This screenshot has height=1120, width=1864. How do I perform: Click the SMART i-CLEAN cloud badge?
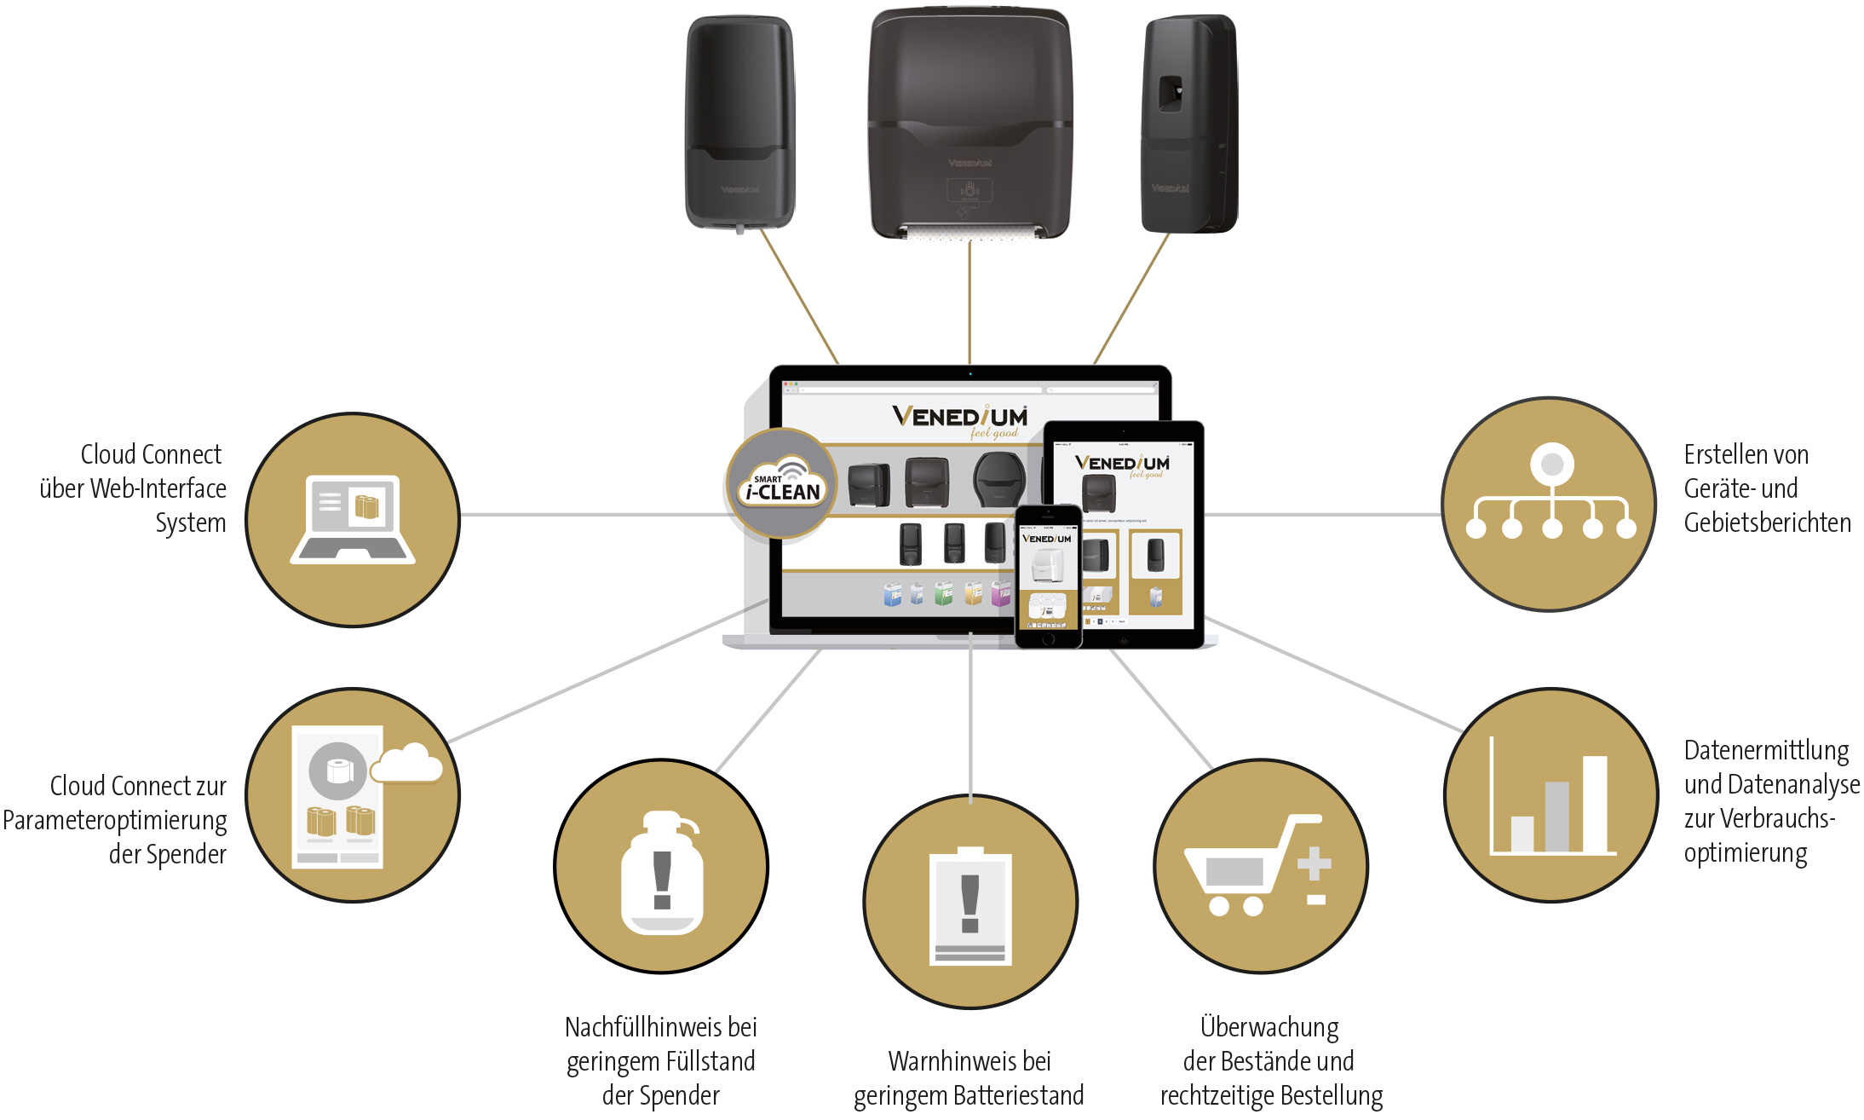[781, 483]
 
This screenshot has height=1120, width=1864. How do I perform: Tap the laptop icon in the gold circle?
[353, 519]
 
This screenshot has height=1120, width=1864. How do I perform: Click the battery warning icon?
[970, 905]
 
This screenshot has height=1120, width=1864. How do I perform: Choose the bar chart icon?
[1551, 796]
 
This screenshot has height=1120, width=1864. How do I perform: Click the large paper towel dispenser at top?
[969, 124]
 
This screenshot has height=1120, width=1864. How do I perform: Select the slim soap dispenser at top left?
[739, 122]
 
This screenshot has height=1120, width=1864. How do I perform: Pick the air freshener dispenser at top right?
[1188, 124]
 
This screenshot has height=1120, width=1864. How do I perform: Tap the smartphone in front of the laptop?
[1048, 575]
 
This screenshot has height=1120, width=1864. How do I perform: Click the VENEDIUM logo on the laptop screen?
[960, 418]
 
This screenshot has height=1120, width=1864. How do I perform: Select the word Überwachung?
[1269, 1027]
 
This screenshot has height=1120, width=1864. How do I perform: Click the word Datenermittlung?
[1766, 750]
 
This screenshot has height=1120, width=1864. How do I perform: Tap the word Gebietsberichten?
[1767, 522]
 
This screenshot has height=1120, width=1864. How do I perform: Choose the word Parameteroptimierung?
[115, 820]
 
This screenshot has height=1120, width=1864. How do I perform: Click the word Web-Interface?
[158, 488]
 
